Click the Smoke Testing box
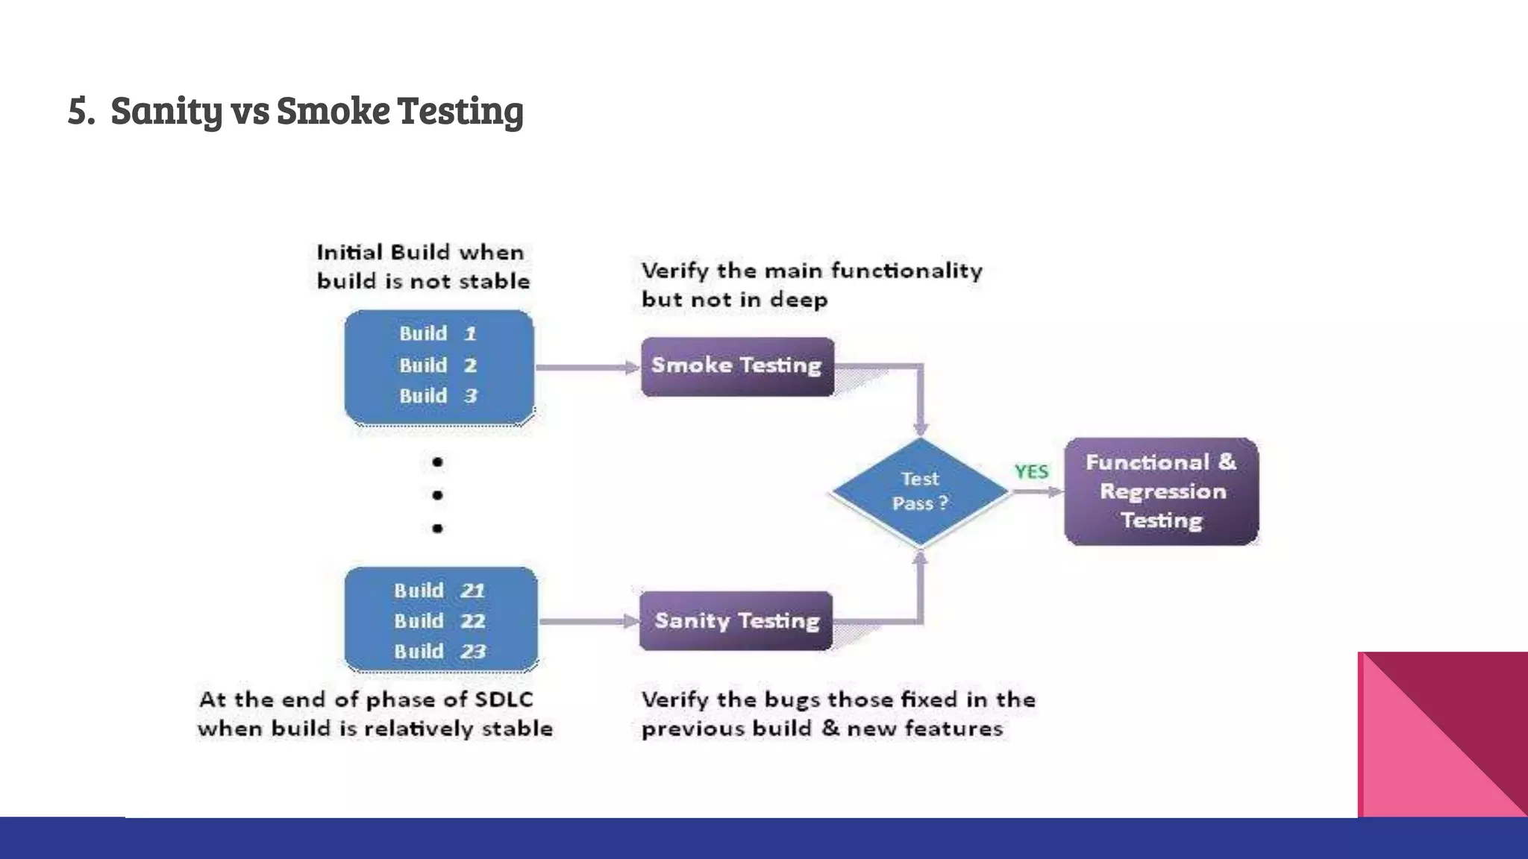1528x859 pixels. coord(737,366)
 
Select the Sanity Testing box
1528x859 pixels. coord(736,621)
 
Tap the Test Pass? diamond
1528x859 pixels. coord(920,491)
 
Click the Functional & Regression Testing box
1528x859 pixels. coord(1161,491)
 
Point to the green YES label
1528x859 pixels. coord(1031,472)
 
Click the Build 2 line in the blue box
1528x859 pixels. coord(438,365)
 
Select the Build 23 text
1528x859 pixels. coord(439,652)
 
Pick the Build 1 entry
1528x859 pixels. coord(438,333)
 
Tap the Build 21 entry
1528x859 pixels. coord(439,591)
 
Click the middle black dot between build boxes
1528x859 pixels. coord(438,495)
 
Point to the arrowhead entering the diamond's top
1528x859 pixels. coord(921,428)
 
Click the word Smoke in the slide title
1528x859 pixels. coord(334,110)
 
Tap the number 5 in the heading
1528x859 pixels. coord(78,110)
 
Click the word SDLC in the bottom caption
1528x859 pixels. coord(504,699)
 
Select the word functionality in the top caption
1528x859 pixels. coord(907,270)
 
